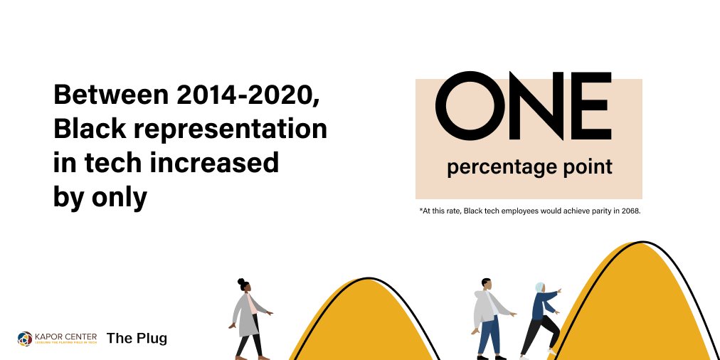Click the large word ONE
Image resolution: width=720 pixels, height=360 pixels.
pyautogui.click(x=524, y=106)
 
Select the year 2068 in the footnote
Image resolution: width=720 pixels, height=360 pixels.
pyautogui.click(x=630, y=211)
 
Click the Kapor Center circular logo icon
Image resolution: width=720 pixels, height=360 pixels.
pyautogui.click(x=25, y=338)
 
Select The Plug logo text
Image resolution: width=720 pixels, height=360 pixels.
pyautogui.click(x=137, y=338)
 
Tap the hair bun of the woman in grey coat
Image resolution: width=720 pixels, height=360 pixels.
pyautogui.click(x=241, y=281)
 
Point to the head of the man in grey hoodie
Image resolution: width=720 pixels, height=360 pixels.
pyautogui.click(x=486, y=284)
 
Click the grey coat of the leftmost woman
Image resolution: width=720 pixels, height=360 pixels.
pyautogui.click(x=246, y=314)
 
